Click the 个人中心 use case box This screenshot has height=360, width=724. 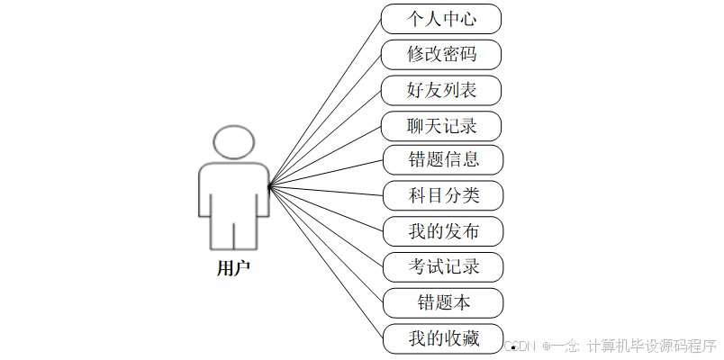pos(441,19)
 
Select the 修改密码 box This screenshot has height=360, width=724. pos(441,55)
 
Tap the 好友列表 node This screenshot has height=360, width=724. pos(441,90)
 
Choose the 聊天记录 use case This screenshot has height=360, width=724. pos(441,125)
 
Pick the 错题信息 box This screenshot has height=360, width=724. pos(442,160)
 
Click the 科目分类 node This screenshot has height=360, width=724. pos(442,195)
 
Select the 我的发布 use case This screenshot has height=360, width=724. pos(442,231)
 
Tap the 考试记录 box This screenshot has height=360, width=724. pos(442,266)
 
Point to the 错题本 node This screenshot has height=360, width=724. pos(442,302)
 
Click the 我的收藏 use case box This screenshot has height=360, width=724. pos(442,338)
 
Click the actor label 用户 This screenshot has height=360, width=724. pos(233,267)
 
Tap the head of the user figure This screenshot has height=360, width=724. pos(233,141)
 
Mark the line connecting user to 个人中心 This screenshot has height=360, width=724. pos(324,103)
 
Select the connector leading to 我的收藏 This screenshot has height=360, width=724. pos(326,263)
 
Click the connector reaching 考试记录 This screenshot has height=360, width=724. pos(326,227)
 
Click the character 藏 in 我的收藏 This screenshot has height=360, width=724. pos(468,338)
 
